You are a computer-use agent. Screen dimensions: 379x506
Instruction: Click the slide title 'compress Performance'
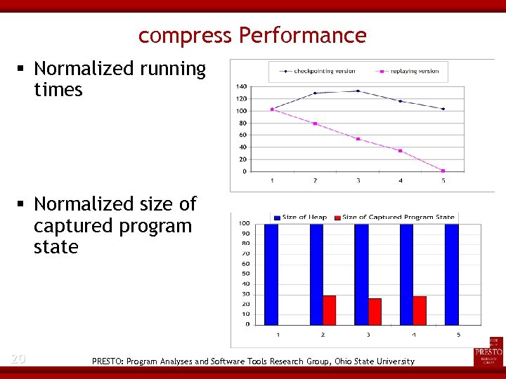tap(252, 35)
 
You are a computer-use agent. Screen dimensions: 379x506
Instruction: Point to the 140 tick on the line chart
tap(241, 86)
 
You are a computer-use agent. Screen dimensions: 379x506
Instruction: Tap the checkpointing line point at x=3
tap(358, 91)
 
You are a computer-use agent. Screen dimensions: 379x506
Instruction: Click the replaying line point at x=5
tap(443, 171)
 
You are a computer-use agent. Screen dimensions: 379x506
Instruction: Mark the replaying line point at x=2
tap(315, 124)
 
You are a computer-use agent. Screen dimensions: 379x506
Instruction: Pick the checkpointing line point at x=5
tap(443, 109)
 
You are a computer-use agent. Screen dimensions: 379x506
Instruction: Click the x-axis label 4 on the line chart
tap(401, 181)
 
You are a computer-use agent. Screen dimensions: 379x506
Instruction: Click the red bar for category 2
tap(329, 310)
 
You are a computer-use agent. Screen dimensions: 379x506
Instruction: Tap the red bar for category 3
tap(375, 312)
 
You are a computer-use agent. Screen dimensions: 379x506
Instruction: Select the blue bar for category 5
tap(452, 274)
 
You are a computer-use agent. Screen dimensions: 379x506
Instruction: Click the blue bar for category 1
tap(271, 274)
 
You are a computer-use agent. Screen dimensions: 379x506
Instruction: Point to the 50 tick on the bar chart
tap(246, 274)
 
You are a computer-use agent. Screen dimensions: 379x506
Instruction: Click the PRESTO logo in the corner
tap(488, 351)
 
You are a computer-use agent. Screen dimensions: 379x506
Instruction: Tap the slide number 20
tap(18, 359)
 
